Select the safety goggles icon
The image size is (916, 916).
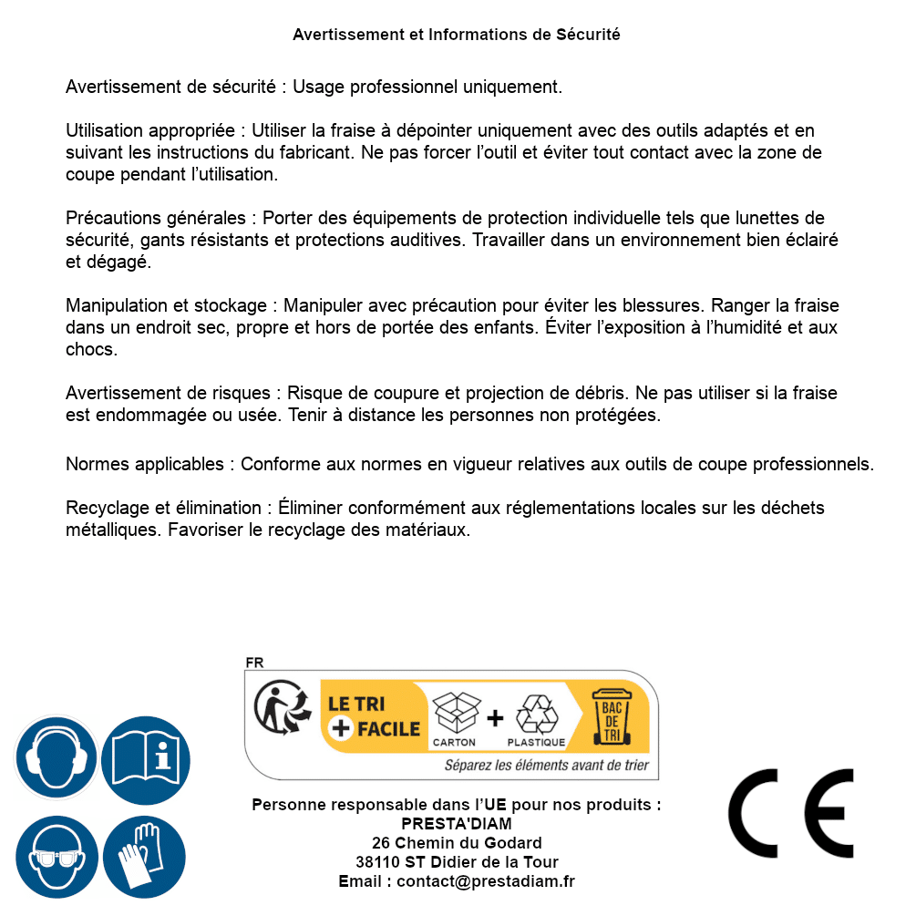tap(56, 858)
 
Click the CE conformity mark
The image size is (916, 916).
tap(790, 814)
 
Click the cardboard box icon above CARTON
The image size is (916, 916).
tap(454, 714)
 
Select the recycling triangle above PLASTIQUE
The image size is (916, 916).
tap(535, 715)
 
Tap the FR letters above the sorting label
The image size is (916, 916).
tap(254, 664)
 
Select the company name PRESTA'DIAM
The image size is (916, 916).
tap(457, 824)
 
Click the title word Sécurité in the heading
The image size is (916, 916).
tap(588, 35)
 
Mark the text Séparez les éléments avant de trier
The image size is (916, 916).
tap(546, 766)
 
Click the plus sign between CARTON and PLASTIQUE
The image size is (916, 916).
tap(495, 718)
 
